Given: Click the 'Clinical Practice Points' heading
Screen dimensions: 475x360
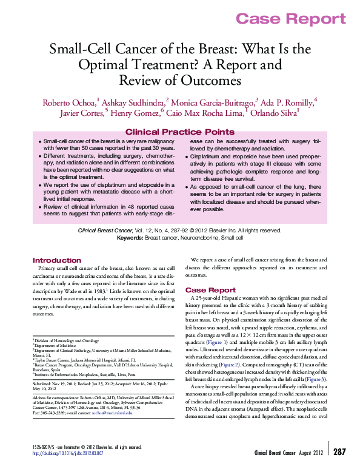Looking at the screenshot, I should pos(179,132).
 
